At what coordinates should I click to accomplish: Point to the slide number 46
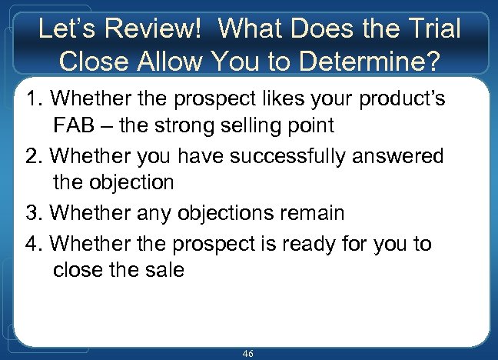[x=247, y=353]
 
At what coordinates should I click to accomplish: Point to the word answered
[x=400, y=156]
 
